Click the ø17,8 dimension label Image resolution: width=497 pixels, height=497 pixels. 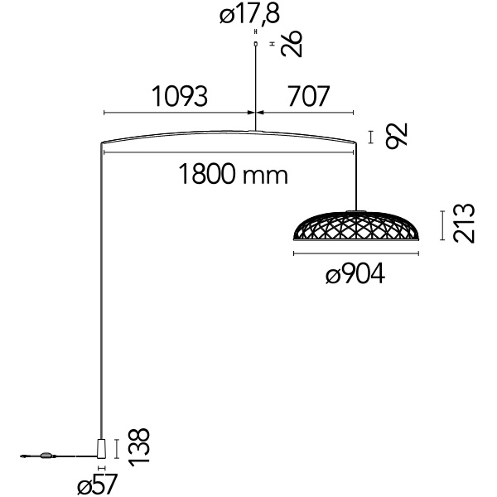pyautogui.click(x=250, y=14)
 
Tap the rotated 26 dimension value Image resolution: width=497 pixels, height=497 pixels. pyautogui.click(x=292, y=44)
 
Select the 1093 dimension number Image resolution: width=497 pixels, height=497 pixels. pyautogui.click(x=180, y=96)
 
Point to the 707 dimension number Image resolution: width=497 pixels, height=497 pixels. pyautogui.click(x=309, y=96)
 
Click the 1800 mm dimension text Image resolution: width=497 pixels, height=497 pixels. pyautogui.click(x=234, y=174)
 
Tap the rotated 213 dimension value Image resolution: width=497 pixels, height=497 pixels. pyautogui.click(x=464, y=224)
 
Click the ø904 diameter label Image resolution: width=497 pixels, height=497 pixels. pyautogui.click(x=355, y=274)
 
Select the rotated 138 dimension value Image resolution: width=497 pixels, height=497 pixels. pyautogui.click(x=139, y=447)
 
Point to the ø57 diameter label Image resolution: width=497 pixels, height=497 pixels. pyautogui.click(x=98, y=484)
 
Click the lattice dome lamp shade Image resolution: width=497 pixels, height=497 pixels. pyautogui.click(x=356, y=225)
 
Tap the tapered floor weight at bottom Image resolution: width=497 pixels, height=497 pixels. pyautogui.click(x=101, y=448)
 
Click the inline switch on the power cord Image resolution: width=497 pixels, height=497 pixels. pyautogui.click(x=46, y=456)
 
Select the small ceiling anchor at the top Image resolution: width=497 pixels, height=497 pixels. pyautogui.click(x=255, y=45)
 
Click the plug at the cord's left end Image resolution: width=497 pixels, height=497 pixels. pyautogui.click(x=23, y=456)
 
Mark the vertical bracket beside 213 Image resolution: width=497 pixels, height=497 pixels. pyautogui.click(x=442, y=225)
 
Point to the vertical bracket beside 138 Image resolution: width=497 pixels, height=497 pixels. pyautogui.click(x=117, y=449)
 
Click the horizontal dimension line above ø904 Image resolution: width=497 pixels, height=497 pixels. pyautogui.click(x=356, y=253)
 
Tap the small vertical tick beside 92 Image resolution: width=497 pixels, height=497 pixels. pyautogui.click(x=370, y=138)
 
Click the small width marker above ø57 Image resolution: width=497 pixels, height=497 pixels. pyautogui.click(x=101, y=468)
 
